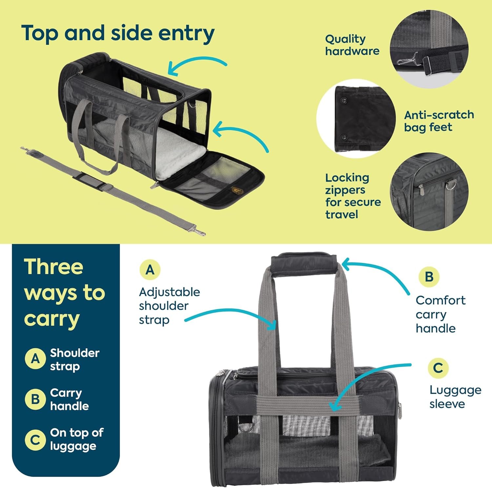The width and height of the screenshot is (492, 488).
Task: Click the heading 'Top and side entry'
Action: [118, 33]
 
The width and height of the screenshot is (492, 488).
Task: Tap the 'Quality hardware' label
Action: [352, 45]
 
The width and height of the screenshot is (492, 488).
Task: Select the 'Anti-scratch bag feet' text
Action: [439, 121]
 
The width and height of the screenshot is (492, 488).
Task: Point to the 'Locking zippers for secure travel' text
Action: [352, 196]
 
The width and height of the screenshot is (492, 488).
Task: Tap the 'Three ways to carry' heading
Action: [64, 293]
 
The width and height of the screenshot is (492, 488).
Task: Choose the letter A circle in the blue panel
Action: [35, 359]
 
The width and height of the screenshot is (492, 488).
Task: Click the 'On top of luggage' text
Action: [76, 439]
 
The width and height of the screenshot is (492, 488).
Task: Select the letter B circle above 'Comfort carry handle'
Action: [429, 277]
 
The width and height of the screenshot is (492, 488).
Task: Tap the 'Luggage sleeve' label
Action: [455, 397]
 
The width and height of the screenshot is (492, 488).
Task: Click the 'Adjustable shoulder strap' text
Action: [169, 306]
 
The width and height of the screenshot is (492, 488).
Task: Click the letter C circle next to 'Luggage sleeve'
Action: [438, 368]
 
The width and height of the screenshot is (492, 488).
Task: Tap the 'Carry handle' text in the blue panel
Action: [69, 399]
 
